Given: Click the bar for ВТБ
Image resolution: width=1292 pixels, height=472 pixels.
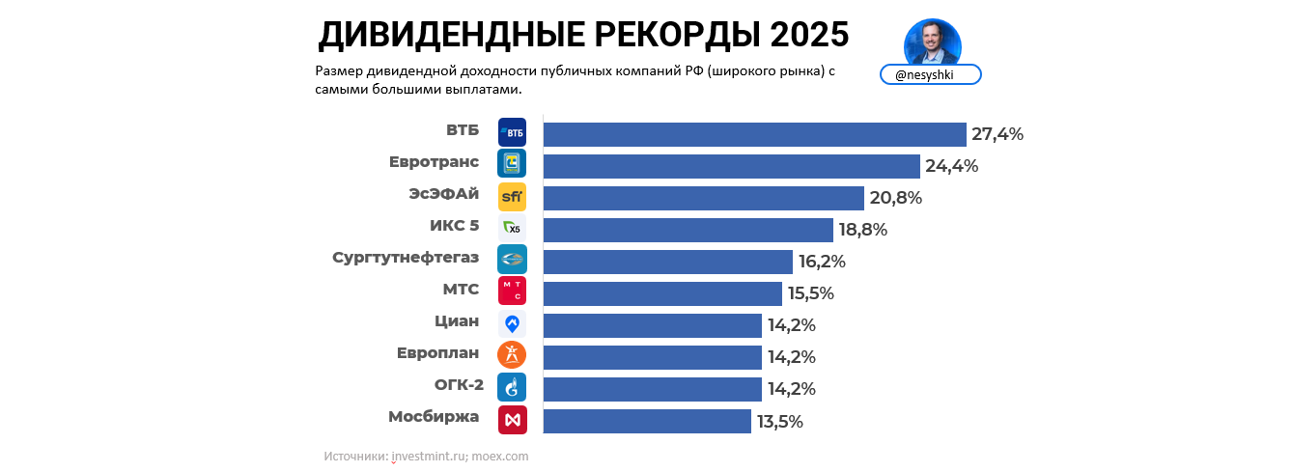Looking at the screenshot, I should (754, 134).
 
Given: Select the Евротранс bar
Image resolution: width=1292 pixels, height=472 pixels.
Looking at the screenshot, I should (731, 166).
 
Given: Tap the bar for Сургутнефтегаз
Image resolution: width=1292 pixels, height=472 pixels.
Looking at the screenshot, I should (667, 262).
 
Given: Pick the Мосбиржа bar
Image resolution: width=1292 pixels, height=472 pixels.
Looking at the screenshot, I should (647, 421).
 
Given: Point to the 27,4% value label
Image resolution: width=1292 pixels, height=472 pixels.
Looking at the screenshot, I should (997, 134).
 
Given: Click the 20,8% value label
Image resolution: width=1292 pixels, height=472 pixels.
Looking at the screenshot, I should (896, 198).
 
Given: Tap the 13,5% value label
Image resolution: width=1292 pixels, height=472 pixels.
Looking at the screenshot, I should (779, 421).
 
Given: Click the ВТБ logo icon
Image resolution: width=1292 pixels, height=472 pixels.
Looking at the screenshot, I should (512, 132).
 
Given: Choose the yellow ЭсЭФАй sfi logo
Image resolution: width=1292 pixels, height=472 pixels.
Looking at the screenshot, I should (512, 197).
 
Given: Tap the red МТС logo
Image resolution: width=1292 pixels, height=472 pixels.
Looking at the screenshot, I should (512, 292).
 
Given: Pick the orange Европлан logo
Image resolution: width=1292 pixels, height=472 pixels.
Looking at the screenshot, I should (512, 355).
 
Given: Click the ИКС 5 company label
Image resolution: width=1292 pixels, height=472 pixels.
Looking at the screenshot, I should (454, 226).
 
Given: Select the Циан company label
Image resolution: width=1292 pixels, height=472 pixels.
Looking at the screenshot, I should (457, 321).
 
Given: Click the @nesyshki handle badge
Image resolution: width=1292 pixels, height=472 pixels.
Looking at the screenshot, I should (930, 75).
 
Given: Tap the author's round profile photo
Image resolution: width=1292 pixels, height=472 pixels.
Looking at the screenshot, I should (932, 42).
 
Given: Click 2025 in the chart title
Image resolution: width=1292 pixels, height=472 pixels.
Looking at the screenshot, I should (809, 35).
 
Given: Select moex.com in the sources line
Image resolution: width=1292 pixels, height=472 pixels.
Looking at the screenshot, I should (501, 456).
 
